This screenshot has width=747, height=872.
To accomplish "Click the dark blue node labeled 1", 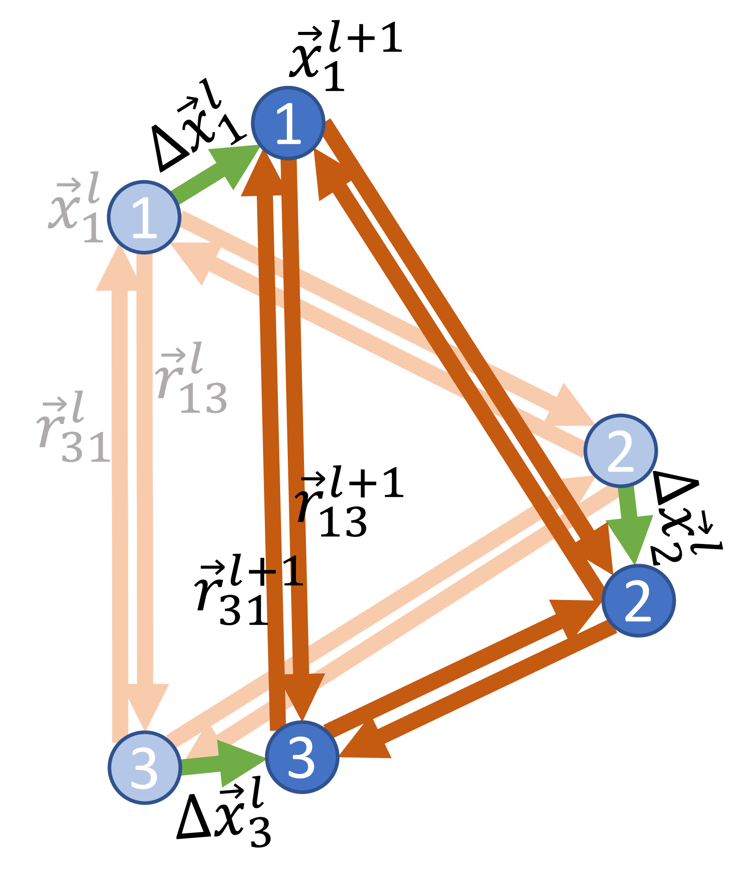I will coord(288,123).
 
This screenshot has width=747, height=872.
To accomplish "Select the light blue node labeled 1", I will coord(144,217).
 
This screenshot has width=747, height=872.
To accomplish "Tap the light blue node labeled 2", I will coord(621,450).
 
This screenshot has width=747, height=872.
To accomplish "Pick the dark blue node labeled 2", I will coord(638,601).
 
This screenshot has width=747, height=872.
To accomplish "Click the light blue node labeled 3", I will coord(144,767).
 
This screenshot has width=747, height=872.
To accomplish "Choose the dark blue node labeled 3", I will coord(302,757).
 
